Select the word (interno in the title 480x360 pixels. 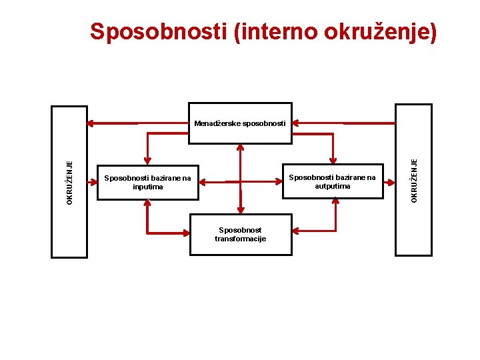pos(273,31)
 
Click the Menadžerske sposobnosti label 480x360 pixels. pos(240,123)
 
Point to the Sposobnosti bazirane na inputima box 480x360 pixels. pos(148,182)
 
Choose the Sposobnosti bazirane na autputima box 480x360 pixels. pos(332,181)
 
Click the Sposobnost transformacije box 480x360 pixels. pos(240,234)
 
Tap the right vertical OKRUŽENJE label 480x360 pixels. pos(413,180)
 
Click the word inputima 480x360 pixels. pos(147,187)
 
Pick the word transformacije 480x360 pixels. pos(240,239)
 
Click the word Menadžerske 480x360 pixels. pos(216,123)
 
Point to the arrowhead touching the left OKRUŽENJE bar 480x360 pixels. pos(91,123)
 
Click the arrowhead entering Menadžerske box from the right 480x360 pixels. pos(296,123)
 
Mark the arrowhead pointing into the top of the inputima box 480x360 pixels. pos(148,161)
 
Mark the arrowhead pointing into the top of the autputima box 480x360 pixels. pos(332,160)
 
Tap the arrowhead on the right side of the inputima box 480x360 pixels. pos(203,181)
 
